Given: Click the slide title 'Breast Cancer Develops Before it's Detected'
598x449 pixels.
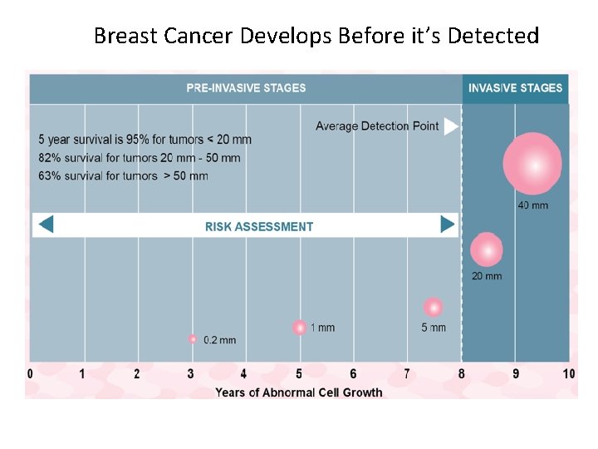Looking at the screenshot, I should (x=316, y=36).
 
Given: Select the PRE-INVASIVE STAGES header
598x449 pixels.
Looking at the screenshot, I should (x=246, y=88).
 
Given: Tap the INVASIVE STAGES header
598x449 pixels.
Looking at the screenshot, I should (x=515, y=88).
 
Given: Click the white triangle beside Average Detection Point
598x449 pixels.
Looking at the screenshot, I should (x=450, y=126).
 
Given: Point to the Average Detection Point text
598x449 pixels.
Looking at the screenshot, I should (x=377, y=126).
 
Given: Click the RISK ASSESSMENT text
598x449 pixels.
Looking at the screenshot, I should (x=259, y=226).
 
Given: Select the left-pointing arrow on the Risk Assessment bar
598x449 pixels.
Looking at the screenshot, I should (x=46, y=224).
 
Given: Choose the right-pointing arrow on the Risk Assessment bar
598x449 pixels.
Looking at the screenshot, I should (x=447, y=224).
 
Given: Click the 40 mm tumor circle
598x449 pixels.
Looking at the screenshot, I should (x=532, y=164).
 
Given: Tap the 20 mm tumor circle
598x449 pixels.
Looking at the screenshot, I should (x=487, y=249).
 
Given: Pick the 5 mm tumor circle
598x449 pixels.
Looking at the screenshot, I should (x=433, y=307).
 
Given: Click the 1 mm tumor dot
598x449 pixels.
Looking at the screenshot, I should (x=299, y=328).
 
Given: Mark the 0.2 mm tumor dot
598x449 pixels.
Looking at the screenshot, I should (x=193, y=339).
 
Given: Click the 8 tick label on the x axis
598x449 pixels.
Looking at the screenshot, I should (x=462, y=374).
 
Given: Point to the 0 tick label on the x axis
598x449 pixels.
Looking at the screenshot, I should (x=31, y=374).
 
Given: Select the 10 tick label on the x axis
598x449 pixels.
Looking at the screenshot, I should (x=568, y=374).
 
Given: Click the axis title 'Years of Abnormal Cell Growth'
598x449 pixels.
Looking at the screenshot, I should (x=299, y=392).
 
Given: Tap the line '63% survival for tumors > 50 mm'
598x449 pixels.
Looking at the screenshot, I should (x=123, y=175).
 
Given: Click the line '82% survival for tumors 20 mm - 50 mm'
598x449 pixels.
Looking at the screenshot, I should (x=140, y=157).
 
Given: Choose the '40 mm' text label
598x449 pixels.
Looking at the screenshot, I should (x=533, y=205).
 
